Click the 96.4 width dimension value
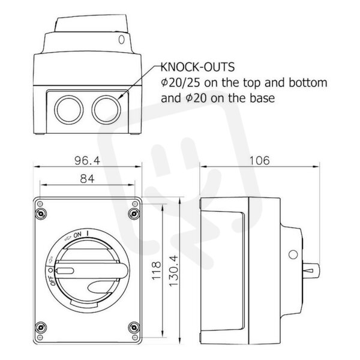click(x=87, y=160)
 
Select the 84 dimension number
click(x=87, y=179)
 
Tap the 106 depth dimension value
click(x=259, y=160)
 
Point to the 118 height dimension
click(x=156, y=270)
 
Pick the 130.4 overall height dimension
click(x=173, y=271)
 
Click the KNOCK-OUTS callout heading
click(x=197, y=67)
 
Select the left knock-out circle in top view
click(x=68, y=109)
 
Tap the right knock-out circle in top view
click(x=106, y=109)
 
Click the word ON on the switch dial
click(x=77, y=235)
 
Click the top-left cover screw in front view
click(x=41, y=214)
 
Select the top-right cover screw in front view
click(x=134, y=214)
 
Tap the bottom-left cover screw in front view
click(x=41, y=328)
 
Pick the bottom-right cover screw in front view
click(x=134, y=328)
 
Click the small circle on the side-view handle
click(x=293, y=254)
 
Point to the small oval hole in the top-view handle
click(x=121, y=40)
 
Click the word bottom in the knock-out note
click(x=308, y=83)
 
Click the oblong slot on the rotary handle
click(x=65, y=271)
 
